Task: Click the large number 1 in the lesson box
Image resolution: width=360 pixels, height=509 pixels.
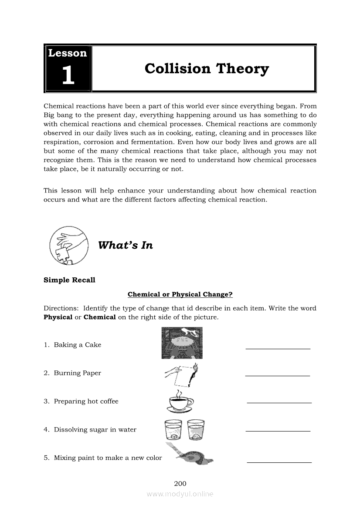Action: point(68,75)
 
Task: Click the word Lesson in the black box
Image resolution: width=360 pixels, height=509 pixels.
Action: point(68,53)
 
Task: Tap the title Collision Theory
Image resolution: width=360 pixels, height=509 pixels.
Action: point(207,69)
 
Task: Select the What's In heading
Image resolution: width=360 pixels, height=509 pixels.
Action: point(126,245)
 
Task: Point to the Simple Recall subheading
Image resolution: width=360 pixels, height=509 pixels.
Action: point(69,280)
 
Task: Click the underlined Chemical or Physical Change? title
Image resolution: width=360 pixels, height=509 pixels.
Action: point(180,294)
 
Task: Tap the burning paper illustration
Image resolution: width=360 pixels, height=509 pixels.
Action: point(182,374)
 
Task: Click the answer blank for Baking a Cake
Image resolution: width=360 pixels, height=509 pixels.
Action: point(278,348)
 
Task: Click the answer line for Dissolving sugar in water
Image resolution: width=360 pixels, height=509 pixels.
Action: point(278,430)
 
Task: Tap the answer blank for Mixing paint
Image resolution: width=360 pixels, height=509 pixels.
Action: point(279,461)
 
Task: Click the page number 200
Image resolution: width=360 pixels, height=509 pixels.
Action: point(180,483)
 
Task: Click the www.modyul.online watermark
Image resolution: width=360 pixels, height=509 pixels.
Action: point(180,494)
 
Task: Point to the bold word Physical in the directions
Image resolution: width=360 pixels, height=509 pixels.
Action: point(58,317)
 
